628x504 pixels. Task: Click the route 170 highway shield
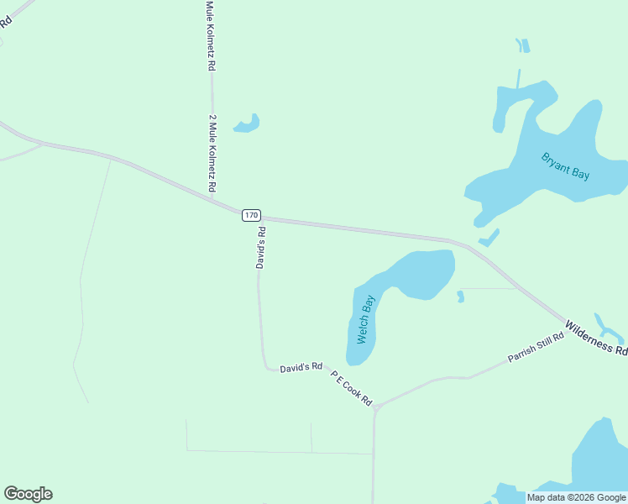[251, 215]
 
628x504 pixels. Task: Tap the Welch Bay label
[365, 319]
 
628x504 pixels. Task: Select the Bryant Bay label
[565, 165]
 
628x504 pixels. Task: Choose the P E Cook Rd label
[351, 389]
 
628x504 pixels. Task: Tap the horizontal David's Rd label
[301, 367]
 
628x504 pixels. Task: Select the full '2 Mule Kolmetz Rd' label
[212, 151]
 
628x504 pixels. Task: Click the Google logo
[28, 494]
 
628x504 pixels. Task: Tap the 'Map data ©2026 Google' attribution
[576, 497]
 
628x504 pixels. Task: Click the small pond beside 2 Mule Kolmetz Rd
[248, 124]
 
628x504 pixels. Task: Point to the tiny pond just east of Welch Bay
[460, 297]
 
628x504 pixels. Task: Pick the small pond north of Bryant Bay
[523, 45]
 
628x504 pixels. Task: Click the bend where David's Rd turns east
[265, 367]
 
